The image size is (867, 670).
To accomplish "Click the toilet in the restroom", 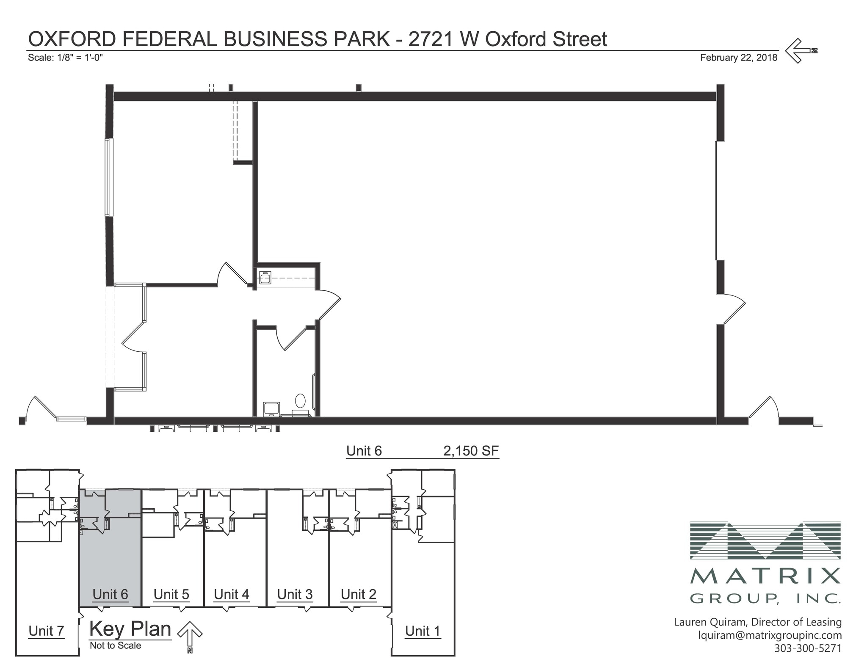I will tap(300, 401).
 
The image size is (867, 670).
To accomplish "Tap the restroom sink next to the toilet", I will tap(271, 409).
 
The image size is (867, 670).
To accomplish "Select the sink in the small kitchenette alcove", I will tap(265, 278).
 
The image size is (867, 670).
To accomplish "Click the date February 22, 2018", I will tap(739, 58).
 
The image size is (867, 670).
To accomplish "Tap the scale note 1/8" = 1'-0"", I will tap(66, 58).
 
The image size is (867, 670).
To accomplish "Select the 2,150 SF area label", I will tap(471, 451).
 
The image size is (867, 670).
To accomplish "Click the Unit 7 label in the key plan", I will tap(46, 631).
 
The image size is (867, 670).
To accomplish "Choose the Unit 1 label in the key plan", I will tap(422, 631).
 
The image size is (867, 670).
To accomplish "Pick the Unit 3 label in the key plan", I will tap(295, 595).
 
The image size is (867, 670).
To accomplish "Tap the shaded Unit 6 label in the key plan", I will tap(110, 595).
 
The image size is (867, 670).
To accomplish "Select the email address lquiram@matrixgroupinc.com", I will tap(770, 635).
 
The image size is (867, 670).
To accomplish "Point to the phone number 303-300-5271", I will tap(808, 648).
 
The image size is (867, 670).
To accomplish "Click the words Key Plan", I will tap(130, 629).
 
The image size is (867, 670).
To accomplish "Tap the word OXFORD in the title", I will tap(72, 39).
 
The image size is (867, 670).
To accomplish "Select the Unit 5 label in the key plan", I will tap(171, 595).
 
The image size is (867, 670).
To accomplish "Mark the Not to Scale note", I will tap(115, 645).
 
